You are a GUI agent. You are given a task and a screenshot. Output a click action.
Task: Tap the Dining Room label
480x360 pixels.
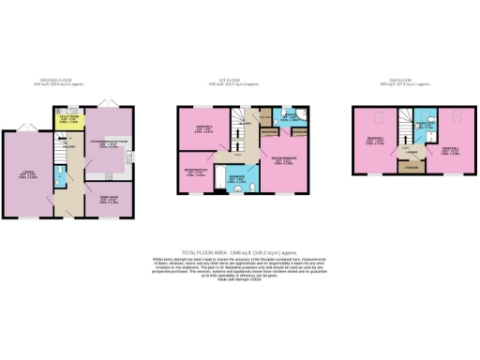pos(107,199)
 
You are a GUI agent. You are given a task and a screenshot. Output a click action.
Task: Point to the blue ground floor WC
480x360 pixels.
pos(59,175)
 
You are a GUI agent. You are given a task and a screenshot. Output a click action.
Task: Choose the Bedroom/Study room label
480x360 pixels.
pos(194,172)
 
